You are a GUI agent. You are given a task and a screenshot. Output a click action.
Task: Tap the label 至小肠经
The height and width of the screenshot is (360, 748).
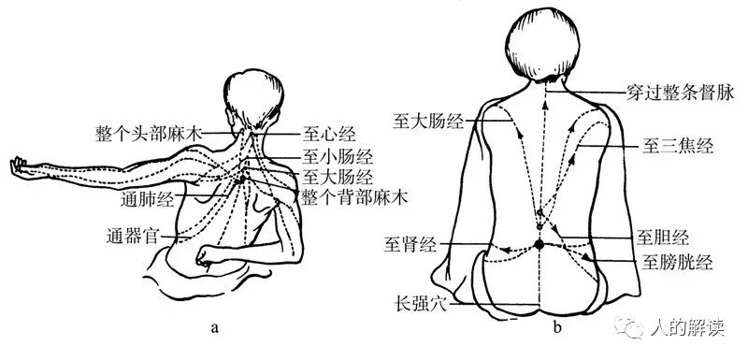click(338, 154)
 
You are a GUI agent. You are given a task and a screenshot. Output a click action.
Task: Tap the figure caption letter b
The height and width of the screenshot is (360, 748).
click(557, 327)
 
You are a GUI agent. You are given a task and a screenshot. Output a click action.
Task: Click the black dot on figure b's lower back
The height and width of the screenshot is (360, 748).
click(539, 245)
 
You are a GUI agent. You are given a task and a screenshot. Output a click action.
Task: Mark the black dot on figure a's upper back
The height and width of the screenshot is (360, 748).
click(243, 179)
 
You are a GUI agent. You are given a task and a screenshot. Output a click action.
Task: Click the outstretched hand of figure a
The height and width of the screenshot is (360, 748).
click(16, 167)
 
